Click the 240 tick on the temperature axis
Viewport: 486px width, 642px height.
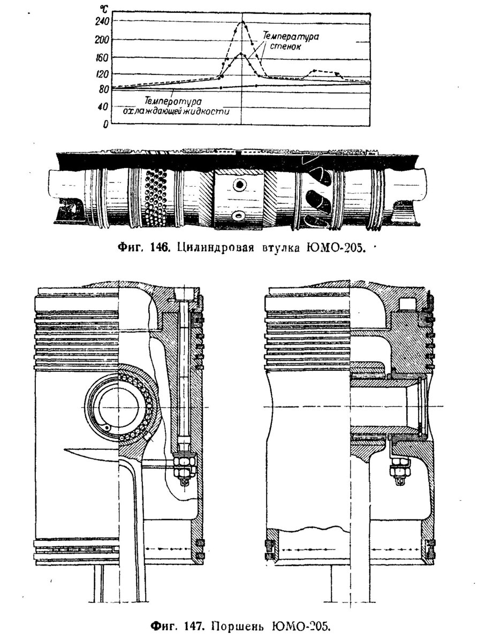[102, 22]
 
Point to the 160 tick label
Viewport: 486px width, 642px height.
[102, 58]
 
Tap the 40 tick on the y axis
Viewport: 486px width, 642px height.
[103, 106]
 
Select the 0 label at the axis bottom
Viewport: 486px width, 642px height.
[105, 124]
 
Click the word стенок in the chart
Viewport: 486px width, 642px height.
[285, 47]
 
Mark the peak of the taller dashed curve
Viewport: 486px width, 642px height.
[242, 21]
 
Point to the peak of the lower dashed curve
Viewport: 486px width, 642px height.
[241, 53]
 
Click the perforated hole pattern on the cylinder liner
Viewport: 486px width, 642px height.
[155, 198]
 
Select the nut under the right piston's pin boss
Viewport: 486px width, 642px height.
[398, 464]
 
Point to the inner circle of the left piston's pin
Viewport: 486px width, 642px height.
[118, 408]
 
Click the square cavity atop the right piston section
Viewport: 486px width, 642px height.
[407, 304]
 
